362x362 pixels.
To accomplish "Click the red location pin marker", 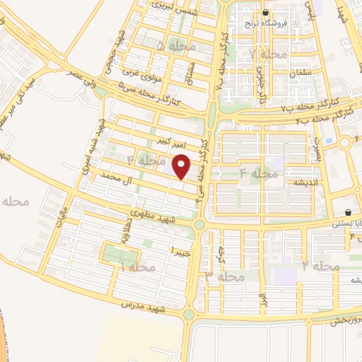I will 182,167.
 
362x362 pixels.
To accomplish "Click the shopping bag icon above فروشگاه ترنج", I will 265,13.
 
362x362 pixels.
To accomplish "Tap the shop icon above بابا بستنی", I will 349,213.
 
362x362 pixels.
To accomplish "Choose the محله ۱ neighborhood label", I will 137,268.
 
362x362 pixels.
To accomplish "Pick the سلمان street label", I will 296,74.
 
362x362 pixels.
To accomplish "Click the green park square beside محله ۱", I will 112,254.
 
